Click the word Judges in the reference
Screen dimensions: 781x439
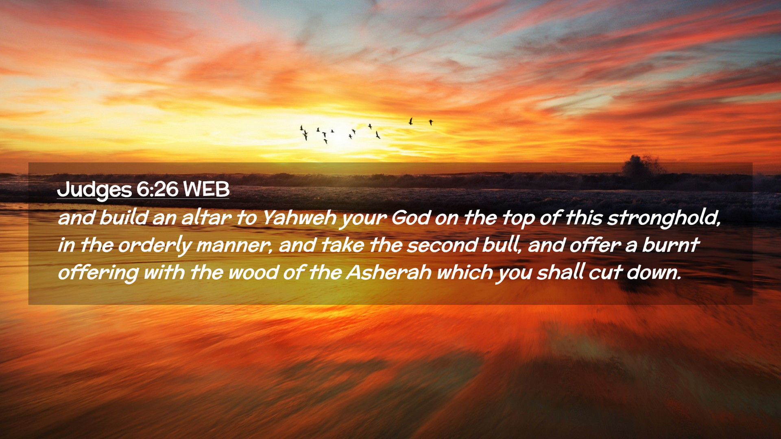click(x=94, y=190)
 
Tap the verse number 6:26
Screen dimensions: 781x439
click(x=157, y=189)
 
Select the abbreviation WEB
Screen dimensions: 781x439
click(x=206, y=189)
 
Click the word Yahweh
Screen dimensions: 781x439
click(x=299, y=218)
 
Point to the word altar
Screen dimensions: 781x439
click(x=206, y=217)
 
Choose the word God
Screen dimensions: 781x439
click(x=410, y=218)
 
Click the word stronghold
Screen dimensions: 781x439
click(x=664, y=218)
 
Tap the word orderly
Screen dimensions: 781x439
click(x=155, y=246)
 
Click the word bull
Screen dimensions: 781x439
click(x=502, y=245)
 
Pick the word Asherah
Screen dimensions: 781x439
click(x=389, y=272)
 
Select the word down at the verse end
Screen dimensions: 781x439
click(x=654, y=272)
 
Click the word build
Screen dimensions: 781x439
click(x=124, y=217)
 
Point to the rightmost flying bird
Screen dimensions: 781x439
click(x=431, y=122)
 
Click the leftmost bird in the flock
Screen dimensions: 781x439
click(x=301, y=128)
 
